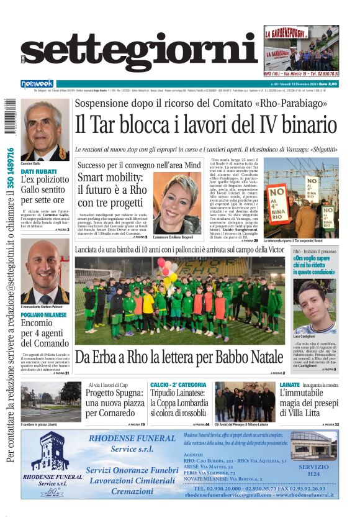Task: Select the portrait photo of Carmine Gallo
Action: [46, 130]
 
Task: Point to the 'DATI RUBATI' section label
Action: [35, 171]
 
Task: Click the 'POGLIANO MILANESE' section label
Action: [44, 315]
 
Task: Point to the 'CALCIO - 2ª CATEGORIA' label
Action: [178, 385]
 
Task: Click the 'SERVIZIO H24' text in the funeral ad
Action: [314, 470]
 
